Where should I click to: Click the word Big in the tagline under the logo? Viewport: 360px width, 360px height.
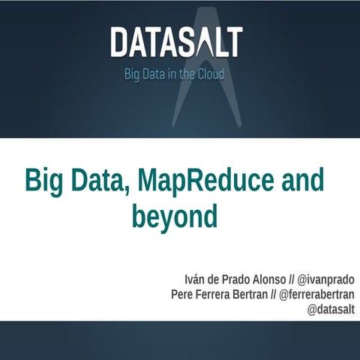point(131,75)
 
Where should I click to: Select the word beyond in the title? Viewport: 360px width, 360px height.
point(174,217)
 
